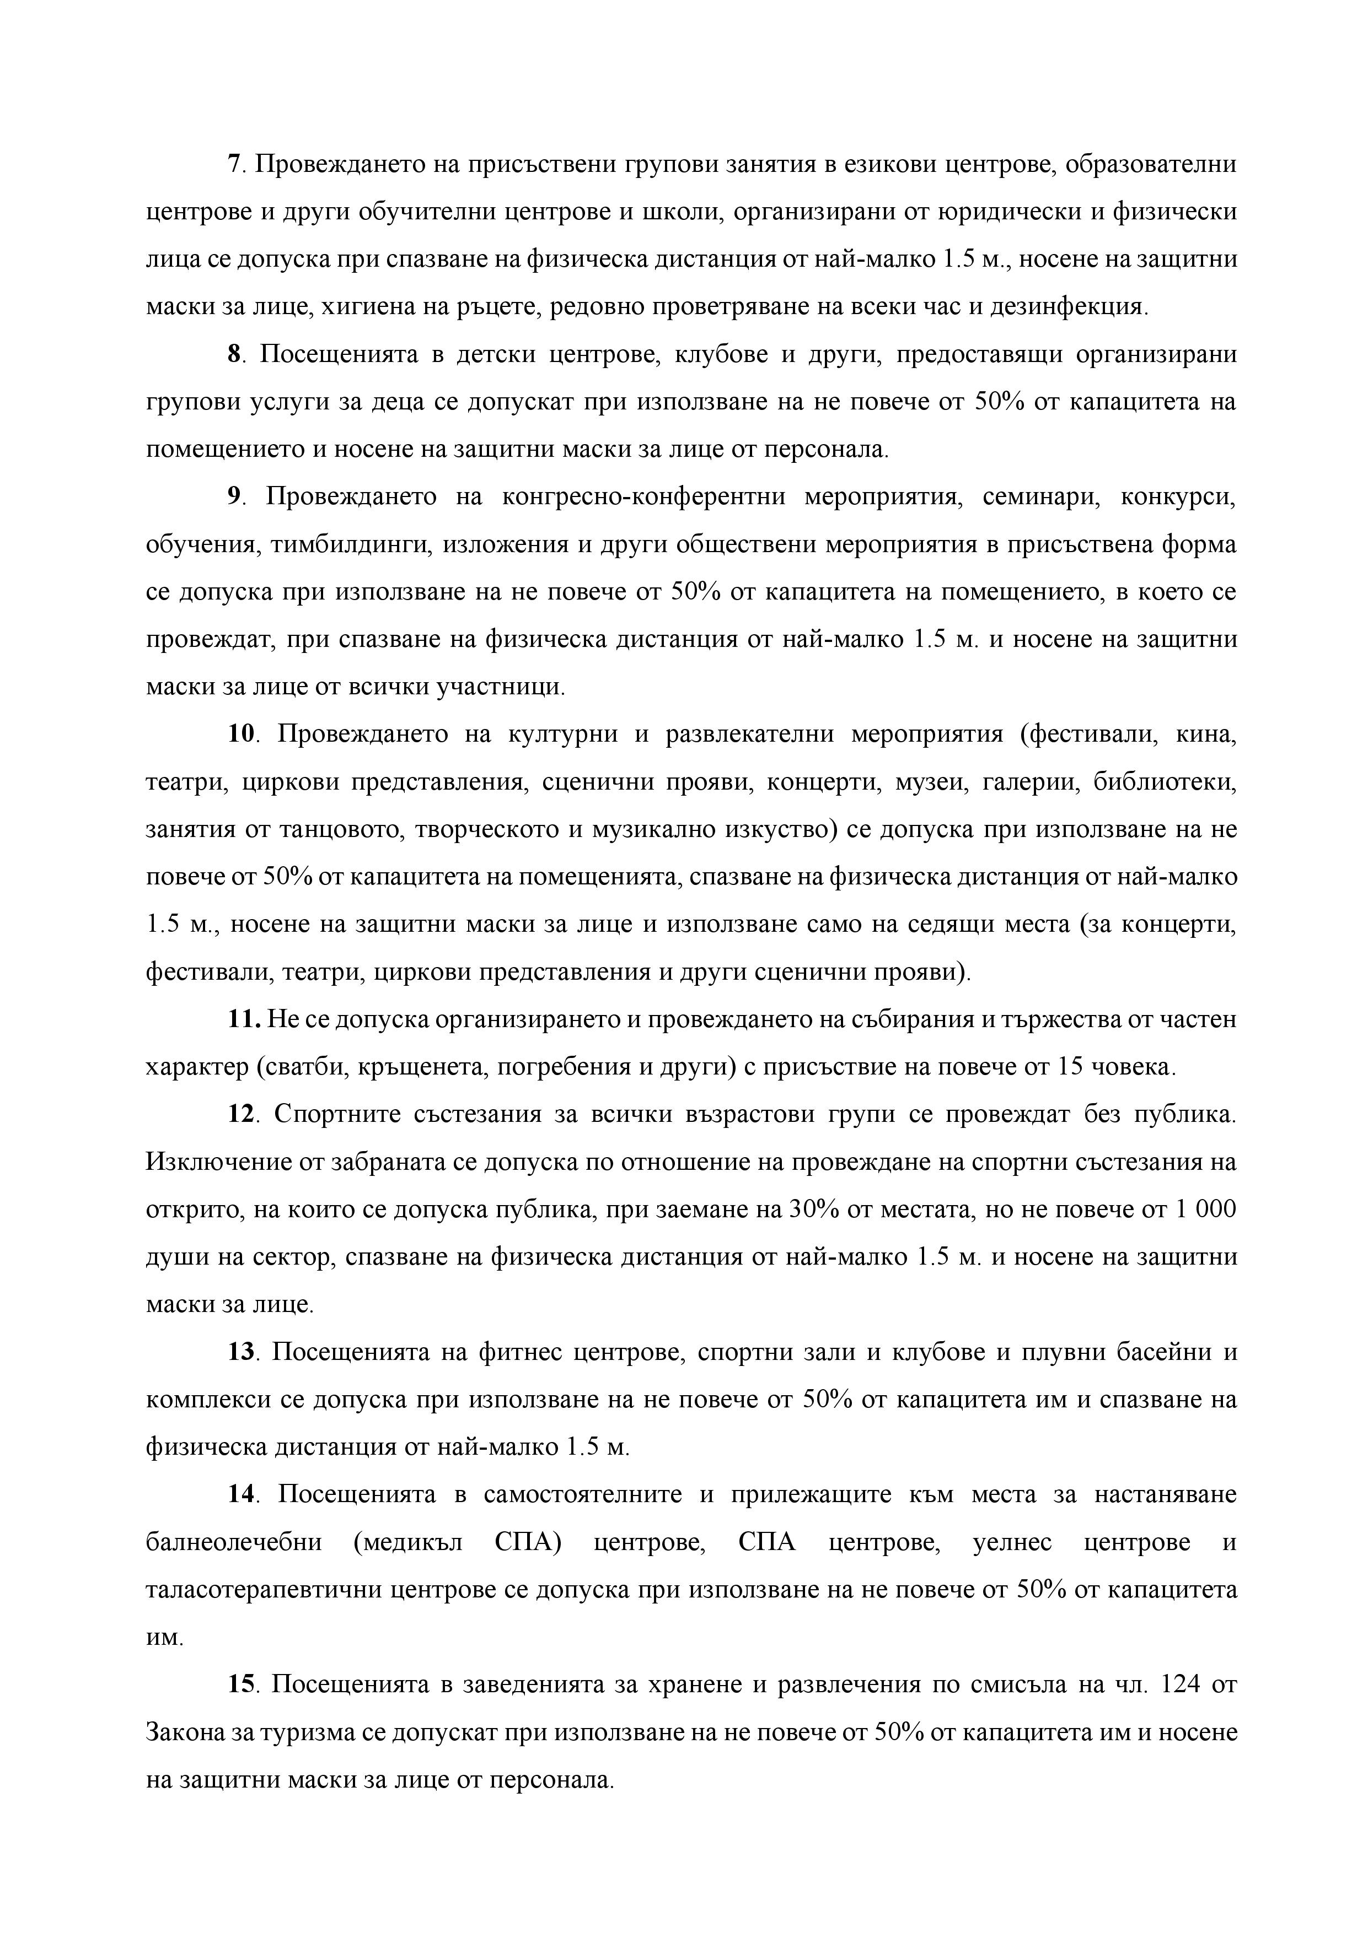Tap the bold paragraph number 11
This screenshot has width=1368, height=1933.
tap(244, 1019)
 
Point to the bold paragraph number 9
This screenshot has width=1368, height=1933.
tap(234, 496)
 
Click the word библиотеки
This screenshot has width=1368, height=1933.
tap(1164, 782)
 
